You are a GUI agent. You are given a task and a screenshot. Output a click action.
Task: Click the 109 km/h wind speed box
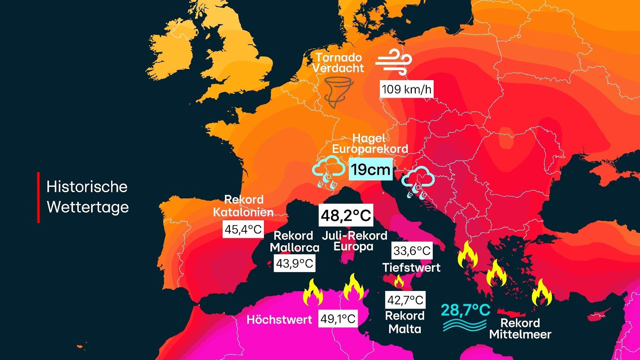pyautogui.click(x=406, y=89)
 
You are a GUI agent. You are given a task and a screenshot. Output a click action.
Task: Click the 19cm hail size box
pyautogui.click(x=370, y=169)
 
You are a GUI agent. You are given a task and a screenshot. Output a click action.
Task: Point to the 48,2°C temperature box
pyautogui.click(x=346, y=215)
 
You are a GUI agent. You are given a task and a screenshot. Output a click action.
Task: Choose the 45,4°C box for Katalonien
pyautogui.click(x=243, y=229)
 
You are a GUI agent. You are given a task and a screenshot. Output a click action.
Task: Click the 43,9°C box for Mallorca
pyautogui.click(x=295, y=263)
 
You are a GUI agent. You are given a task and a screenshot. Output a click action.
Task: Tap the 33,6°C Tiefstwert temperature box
pyautogui.click(x=412, y=251)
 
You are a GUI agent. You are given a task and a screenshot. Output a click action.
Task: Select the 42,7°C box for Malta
pyautogui.click(x=405, y=300)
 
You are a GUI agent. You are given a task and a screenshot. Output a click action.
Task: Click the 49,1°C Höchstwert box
pyautogui.click(x=338, y=319)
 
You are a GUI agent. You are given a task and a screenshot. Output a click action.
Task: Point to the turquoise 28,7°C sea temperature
pyautogui.click(x=465, y=310)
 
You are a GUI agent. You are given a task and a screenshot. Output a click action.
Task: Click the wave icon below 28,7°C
pyautogui.click(x=464, y=325)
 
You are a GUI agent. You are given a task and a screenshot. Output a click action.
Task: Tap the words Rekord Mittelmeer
pyautogui.click(x=520, y=328)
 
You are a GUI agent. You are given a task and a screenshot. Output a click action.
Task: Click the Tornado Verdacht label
pyautogui.click(x=338, y=63)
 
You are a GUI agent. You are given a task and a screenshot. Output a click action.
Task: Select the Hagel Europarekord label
pyautogui.click(x=370, y=143)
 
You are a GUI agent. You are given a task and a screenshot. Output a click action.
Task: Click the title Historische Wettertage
pyautogui.click(x=87, y=197)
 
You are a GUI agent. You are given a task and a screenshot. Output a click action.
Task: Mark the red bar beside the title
pyautogui.click(x=38, y=197)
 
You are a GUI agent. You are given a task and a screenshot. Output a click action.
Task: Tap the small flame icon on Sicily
pyautogui.click(x=399, y=281)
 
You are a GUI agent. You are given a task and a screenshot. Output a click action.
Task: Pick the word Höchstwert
pyautogui.click(x=279, y=320)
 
